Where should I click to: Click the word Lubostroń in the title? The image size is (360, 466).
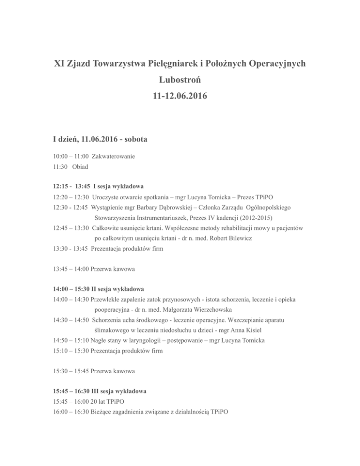click(x=180, y=81)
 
